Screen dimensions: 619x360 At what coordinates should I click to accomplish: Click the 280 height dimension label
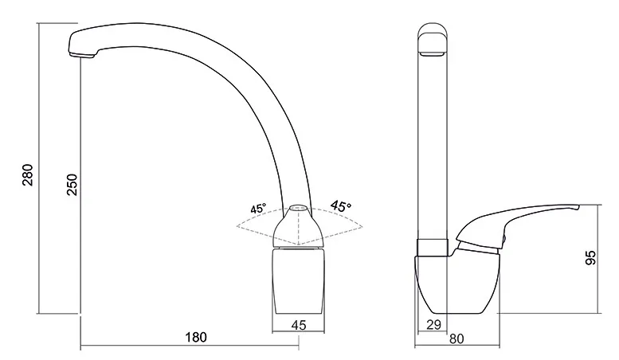tap(28, 175)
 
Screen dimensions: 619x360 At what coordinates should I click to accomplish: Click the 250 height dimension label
tap(72, 184)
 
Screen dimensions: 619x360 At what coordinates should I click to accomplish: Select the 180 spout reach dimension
tap(196, 338)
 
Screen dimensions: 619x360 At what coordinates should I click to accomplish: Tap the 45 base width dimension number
tap(299, 325)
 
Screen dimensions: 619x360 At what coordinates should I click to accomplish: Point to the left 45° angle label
tap(258, 209)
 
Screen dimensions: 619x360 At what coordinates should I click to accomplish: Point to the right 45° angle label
tap(341, 206)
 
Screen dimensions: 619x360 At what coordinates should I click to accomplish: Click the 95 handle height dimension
tap(590, 258)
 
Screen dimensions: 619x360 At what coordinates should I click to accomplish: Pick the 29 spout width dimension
tap(433, 324)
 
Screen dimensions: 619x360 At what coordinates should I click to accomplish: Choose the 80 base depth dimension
tap(456, 338)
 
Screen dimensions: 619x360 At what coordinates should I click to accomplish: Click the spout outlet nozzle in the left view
tap(82, 56)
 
